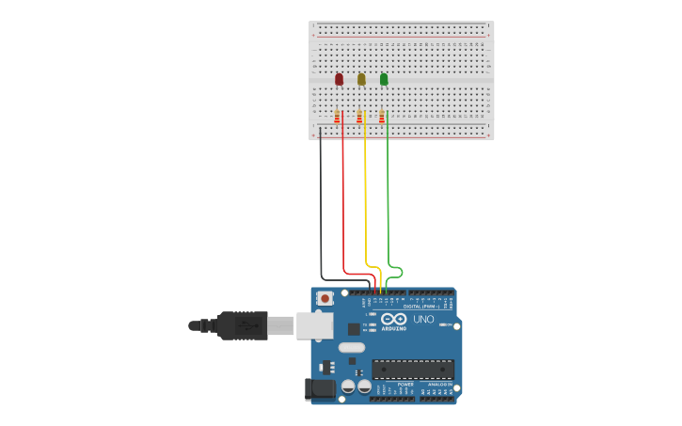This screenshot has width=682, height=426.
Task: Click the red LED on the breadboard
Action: click(x=339, y=80)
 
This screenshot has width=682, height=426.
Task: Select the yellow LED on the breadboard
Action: click(x=361, y=80)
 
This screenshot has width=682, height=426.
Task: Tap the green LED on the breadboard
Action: click(x=384, y=80)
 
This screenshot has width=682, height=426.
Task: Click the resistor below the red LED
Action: click(x=337, y=117)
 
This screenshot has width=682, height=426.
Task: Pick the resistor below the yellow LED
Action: click(x=359, y=117)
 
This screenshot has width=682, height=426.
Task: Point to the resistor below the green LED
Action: click(x=382, y=117)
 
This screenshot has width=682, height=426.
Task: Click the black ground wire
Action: click(x=321, y=207)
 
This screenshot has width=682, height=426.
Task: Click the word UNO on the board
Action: click(x=424, y=320)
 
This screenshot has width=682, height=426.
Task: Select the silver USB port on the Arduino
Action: click(x=315, y=325)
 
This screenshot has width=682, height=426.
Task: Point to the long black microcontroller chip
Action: click(x=413, y=369)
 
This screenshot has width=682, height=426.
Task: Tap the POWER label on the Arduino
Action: click(x=404, y=385)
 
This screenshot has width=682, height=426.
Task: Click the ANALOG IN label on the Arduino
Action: click(x=439, y=385)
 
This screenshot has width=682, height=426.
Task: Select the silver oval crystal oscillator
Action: click(x=352, y=348)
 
